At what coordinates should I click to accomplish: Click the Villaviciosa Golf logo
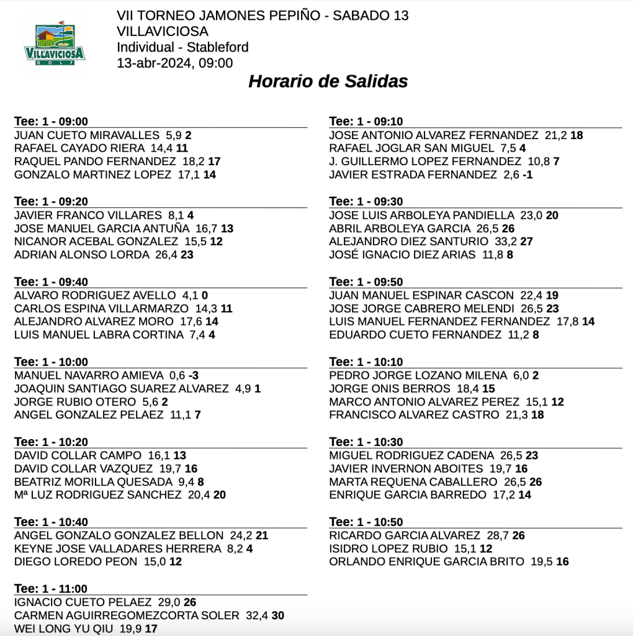pos(55,44)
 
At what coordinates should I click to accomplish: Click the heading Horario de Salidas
pos(328,81)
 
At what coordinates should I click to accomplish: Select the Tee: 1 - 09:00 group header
pos(51,122)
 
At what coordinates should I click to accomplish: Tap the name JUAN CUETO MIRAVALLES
pos(87,135)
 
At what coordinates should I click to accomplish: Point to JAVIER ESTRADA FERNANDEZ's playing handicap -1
pos(527,175)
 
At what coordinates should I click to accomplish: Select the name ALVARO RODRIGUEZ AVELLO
pos(95,296)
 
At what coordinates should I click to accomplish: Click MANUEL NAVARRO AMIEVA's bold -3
pos(194,376)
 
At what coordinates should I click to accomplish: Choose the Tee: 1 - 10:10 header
pos(366,362)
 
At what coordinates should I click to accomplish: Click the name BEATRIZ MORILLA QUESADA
pos(93,482)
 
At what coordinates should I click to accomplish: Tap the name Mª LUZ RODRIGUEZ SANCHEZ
pos(97,495)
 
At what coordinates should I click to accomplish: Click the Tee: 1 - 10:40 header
pos(51,522)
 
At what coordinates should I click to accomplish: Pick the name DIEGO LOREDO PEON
pos(76,562)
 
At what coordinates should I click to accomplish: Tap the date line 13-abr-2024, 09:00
pos(174,63)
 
